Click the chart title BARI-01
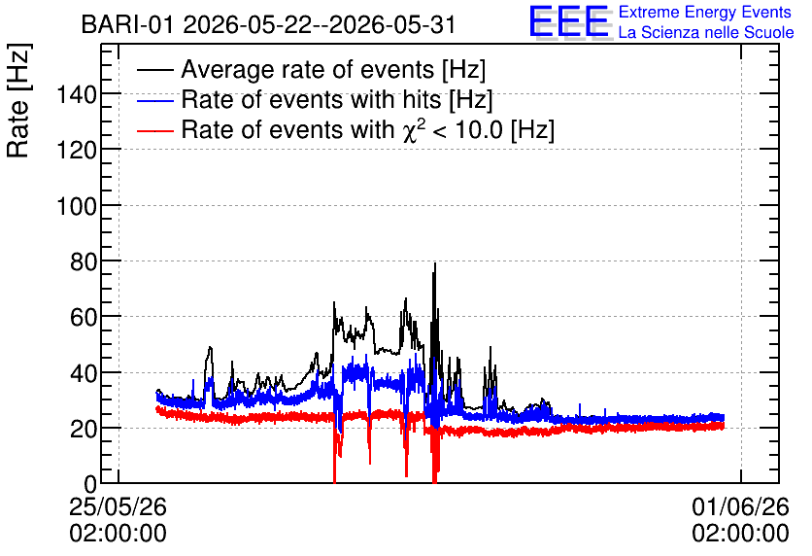tap(127, 24)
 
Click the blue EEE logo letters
tap(568, 20)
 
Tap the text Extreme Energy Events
tap(705, 12)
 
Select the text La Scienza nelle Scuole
tap(706, 32)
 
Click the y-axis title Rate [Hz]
tap(18, 100)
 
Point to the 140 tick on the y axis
tap(77, 95)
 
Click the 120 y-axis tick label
tap(77, 151)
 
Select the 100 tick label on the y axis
tap(77, 207)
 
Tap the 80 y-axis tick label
tap(84, 262)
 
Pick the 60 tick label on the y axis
tap(84, 317)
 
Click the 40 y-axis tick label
tap(84, 373)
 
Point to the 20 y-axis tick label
tap(84, 429)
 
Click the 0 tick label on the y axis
tap(90, 484)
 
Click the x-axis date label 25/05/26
tap(118, 506)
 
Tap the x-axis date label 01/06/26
tap(740, 506)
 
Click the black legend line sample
tap(154, 70)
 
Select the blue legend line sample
tap(154, 100)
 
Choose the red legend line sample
tap(154, 130)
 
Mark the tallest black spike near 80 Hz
tap(435, 263)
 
